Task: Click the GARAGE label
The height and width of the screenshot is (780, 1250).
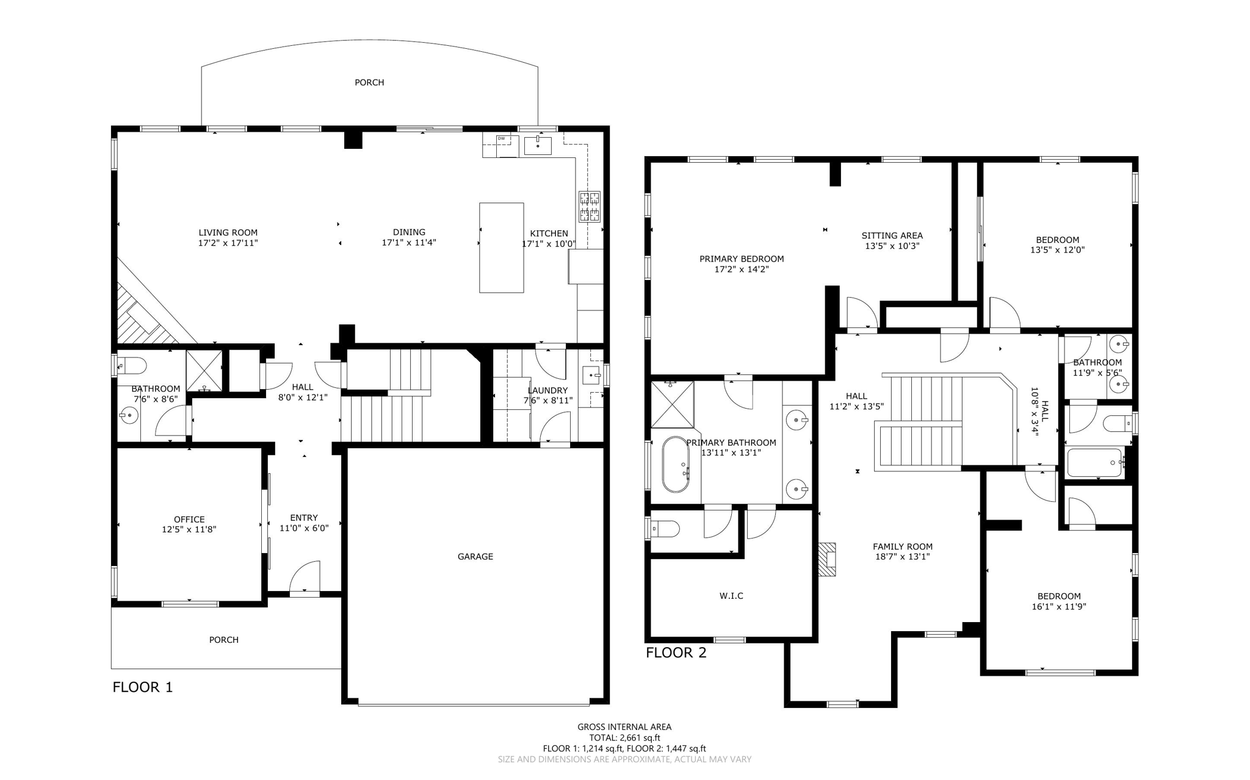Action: [x=475, y=556]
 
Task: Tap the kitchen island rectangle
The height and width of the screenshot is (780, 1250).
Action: [x=501, y=248]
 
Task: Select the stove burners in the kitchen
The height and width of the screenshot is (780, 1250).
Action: [x=590, y=206]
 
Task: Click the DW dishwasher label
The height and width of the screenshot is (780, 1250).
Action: [x=501, y=138]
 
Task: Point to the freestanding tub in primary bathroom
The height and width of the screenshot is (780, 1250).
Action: [x=676, y=464]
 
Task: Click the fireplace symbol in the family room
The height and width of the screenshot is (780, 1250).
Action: [x=826, y=559]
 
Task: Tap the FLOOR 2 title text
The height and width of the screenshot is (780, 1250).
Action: [x=676, y=653]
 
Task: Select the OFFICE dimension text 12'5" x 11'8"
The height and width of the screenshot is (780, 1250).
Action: [x=189, y=529]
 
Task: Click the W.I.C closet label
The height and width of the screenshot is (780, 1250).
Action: [x=731, y=596]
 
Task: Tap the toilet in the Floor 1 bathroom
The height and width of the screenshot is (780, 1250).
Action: [x=133, y=366]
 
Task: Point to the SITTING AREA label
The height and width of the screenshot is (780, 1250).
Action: [x=892, y=235]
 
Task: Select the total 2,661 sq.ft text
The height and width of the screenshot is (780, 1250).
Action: [x=624, y=737]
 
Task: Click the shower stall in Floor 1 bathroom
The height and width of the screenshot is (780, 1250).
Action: [x=204, y=370]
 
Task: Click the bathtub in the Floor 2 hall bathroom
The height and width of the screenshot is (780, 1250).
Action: [x=1094, y=463]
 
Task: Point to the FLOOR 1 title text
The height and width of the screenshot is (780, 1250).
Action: [x=142, y=687]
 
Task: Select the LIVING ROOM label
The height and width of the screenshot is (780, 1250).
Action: [x=228, y=232]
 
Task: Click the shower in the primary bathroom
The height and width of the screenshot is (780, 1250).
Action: [x=672, y=404]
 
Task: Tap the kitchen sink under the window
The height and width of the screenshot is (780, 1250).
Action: [x=538, y=145]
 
